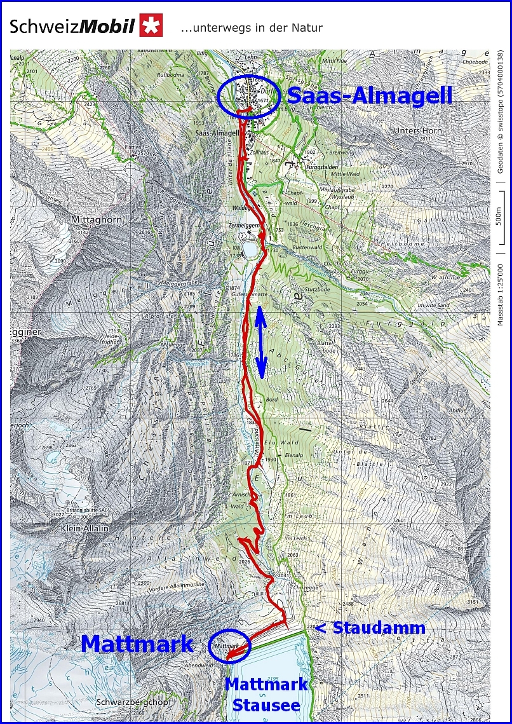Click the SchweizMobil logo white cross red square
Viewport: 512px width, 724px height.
152,25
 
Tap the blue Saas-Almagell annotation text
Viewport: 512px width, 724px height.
369,95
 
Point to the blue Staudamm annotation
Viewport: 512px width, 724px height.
370,628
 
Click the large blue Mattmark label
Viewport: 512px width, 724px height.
137,644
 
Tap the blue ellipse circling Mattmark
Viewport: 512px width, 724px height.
229,646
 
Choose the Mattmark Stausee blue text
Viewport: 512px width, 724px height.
266,694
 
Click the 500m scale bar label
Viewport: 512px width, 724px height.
499,215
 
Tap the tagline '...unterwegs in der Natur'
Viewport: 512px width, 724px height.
252,28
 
